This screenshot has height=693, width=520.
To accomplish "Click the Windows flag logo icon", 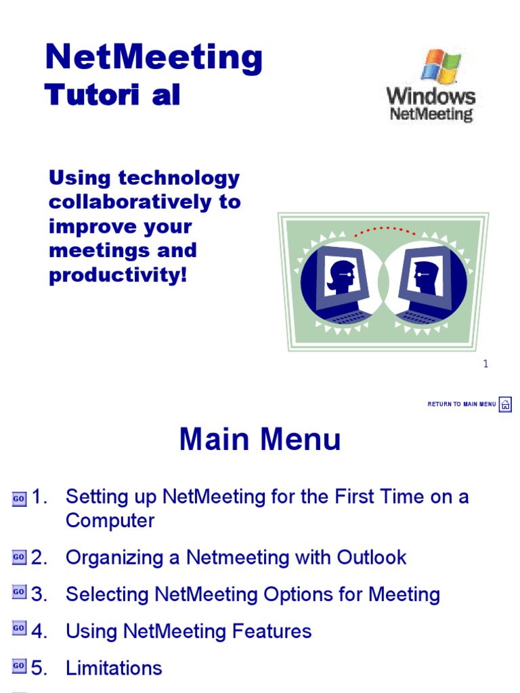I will click(441, 66).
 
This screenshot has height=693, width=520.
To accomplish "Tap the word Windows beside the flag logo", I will click(431, 95).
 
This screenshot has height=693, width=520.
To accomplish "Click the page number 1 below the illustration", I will click(485, 364).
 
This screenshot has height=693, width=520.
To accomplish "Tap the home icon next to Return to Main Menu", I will click(505, 405).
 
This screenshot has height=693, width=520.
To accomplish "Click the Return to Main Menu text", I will click(462, 405).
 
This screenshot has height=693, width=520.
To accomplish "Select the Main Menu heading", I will click(260, 441).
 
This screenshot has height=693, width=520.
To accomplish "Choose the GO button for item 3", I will click(19, 593).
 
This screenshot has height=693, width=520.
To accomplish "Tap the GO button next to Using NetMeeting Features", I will click(19, 629).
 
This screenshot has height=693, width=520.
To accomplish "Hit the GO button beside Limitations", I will click(19, 667).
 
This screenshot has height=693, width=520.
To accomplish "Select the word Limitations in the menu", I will click(114, 669).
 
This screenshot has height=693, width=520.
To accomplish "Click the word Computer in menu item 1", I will click(110, 521).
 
